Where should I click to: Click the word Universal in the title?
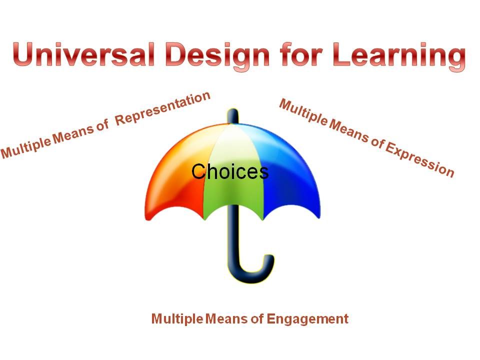point(83,54)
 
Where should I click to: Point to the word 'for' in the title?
point(301,54)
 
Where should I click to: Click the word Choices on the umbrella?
point(230,171)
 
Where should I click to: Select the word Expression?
point(420,160)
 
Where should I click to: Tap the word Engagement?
point(307,319)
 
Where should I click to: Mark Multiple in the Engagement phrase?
point(177,319)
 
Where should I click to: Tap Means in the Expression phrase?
point(349,131)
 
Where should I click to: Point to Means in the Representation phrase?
point(73,134)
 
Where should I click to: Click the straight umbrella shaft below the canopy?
point(234,232)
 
